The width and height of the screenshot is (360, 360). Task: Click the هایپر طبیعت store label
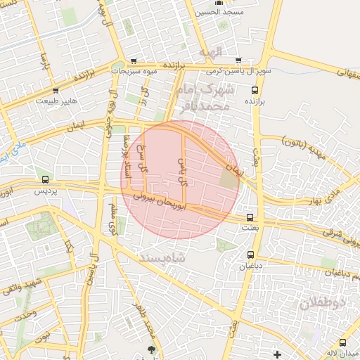click(58, 101)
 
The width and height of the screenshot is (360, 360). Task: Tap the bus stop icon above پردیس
click(46, 180)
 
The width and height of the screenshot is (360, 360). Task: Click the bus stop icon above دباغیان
click(251, 255)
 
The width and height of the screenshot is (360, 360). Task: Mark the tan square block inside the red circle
click(229, 179)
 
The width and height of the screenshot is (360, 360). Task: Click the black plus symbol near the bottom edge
click(278, 353)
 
